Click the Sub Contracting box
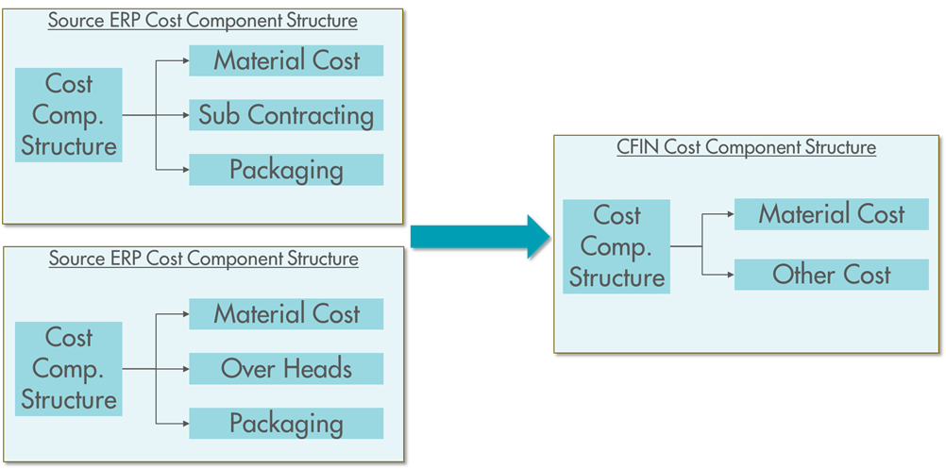[x=286, y=115]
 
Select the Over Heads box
[x=286, y=368]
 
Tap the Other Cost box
[x=831, y=275]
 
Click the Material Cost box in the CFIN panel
[x=831, y=214]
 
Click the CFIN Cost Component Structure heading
[x=746, y=147]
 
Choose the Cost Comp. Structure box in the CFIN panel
[x=617, y=246]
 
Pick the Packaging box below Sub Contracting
[x=286, y=170]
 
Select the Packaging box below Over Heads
[x=286, y=423]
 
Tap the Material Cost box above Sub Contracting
[x=286, y=61]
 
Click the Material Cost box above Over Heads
[x=286, y=314]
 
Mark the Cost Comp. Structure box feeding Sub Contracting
[x=69, y=115]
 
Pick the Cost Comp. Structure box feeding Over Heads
[x=69, y=368]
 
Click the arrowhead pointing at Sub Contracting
[x=185, y=115]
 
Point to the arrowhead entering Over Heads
[x=185, y=368]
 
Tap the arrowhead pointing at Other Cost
[x=730, y=275]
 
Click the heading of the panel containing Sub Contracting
[x=203, y=20]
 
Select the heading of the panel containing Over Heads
[x=203, y=258]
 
